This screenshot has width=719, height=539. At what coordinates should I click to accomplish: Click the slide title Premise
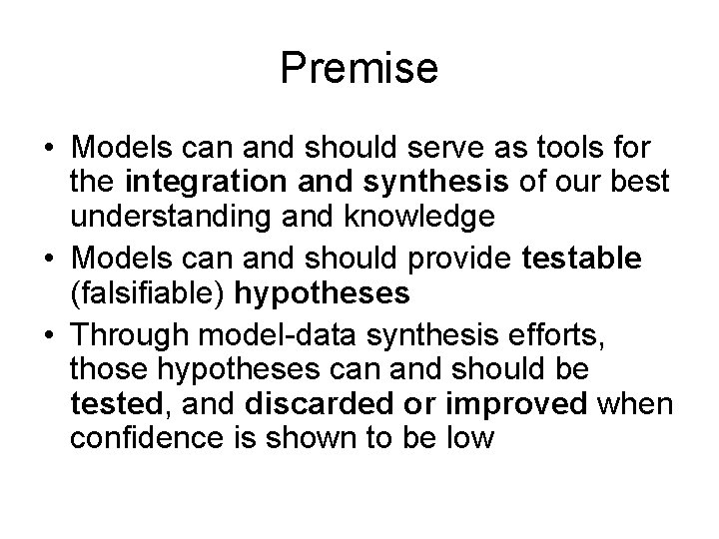(359, 69)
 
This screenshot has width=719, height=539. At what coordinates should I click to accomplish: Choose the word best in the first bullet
(630, 183)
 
